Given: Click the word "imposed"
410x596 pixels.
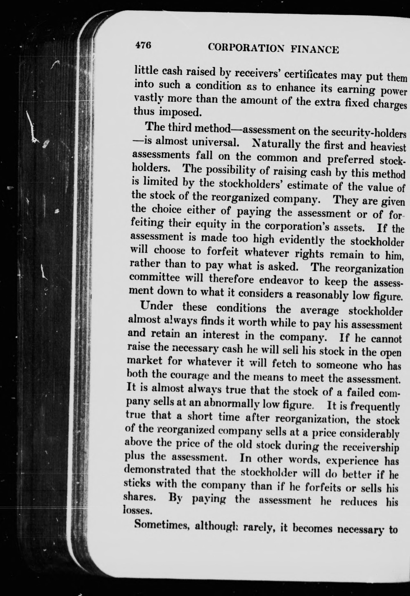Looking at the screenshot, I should (x=180, y=112).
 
